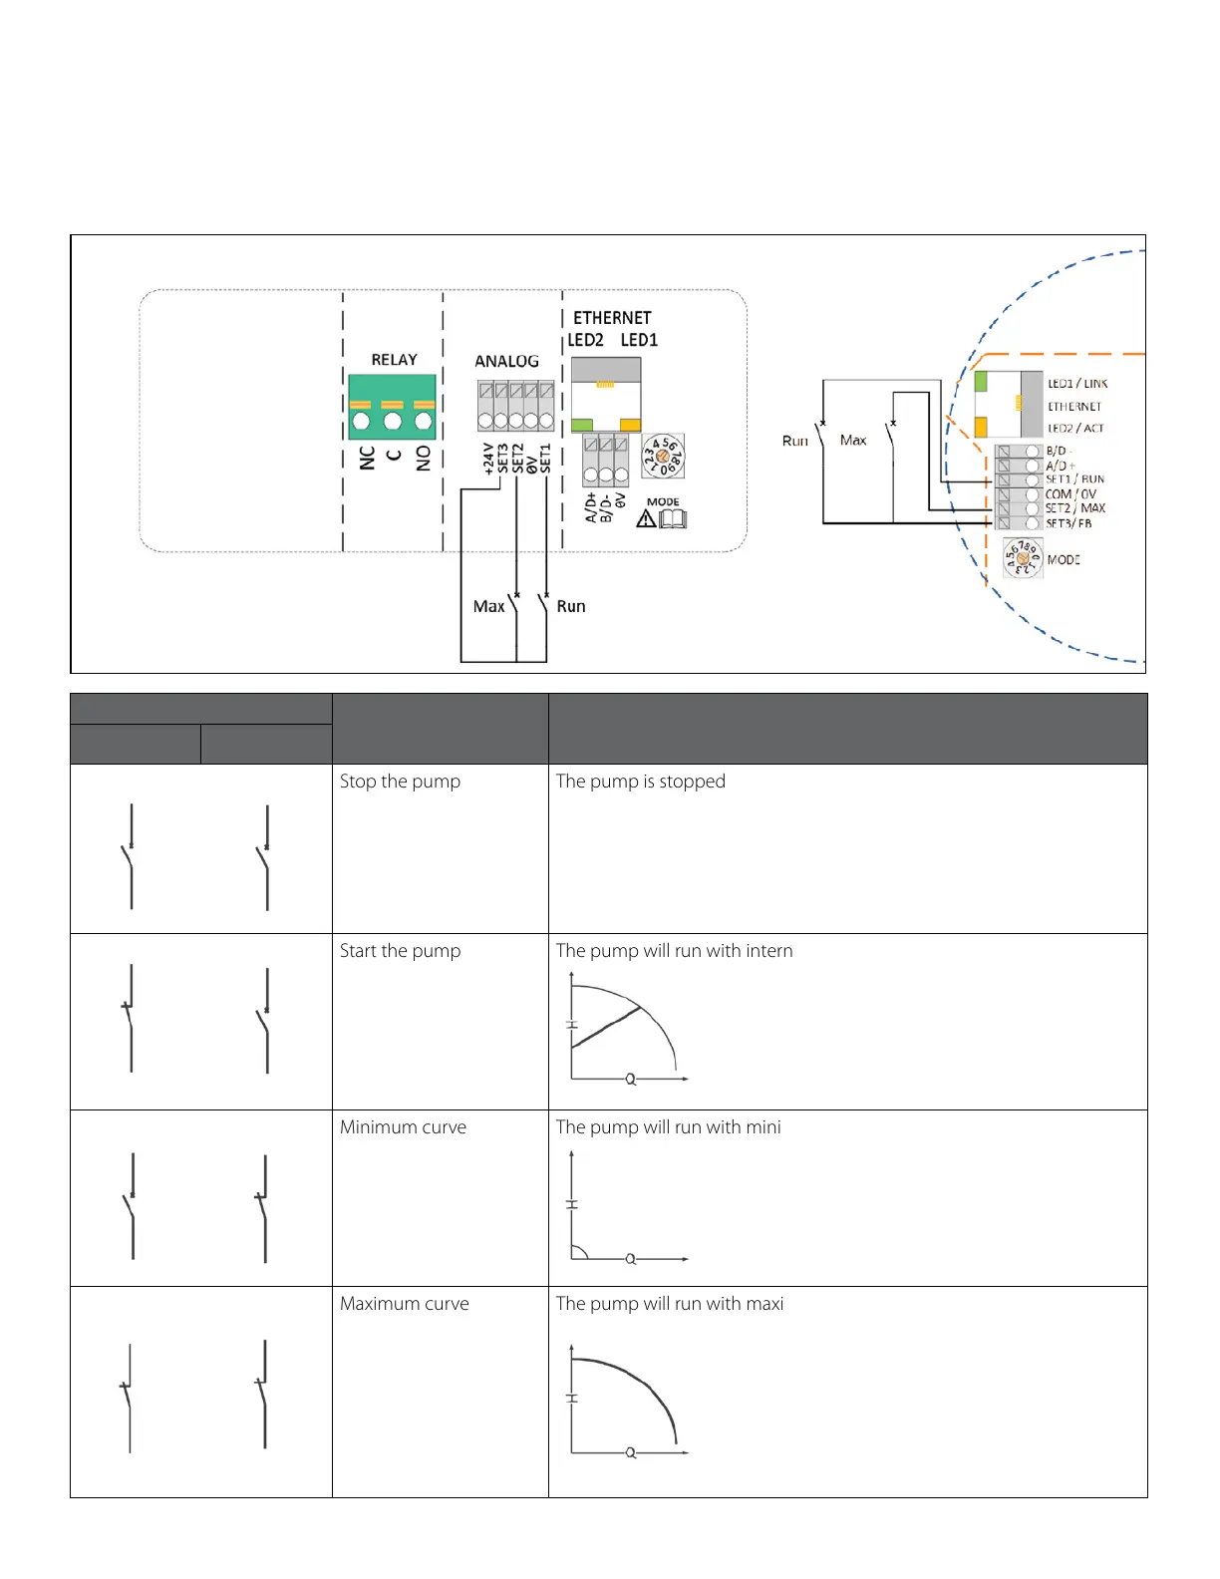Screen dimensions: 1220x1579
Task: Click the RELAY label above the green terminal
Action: click(x=394, y=360)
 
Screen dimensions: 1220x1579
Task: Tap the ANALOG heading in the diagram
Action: click(x=506, y=361)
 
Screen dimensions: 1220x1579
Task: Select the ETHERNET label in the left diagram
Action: click(x=612, y=318)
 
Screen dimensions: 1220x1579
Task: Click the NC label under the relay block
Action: click(x=368, y=458)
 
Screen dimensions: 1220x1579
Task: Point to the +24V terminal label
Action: click(x=488, y=459)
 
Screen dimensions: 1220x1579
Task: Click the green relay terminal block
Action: click(x=392, y=407)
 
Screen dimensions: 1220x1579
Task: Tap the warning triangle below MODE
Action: click(x=646, y=519)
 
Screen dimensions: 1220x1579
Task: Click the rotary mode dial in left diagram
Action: click(x=663, y=456)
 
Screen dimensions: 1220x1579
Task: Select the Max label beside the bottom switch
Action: click(x=488, y=606)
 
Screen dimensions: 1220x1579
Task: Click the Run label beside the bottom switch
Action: click(x=571, y=606)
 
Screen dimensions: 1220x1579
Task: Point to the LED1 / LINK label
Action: click(x=1077, y=384)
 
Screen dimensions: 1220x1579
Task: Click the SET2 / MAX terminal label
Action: click(x=1075, y=508)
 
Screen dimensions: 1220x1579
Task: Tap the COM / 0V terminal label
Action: click(x=1070, y=494)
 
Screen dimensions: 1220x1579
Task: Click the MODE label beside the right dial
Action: click(x=1064, y=560)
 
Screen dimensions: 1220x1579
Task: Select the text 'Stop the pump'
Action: click(x=400, y=782)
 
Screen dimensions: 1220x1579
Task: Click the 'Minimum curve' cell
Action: click(x=403, y=1127)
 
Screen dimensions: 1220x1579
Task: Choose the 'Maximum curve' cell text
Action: click(x=404, y=1304)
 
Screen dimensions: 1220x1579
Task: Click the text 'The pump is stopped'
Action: click(x=640, y=782)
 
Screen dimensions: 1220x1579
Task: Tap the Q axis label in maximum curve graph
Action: click(x=630, y=1453)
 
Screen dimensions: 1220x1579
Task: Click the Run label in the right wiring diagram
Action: click(x=794, y=441)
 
